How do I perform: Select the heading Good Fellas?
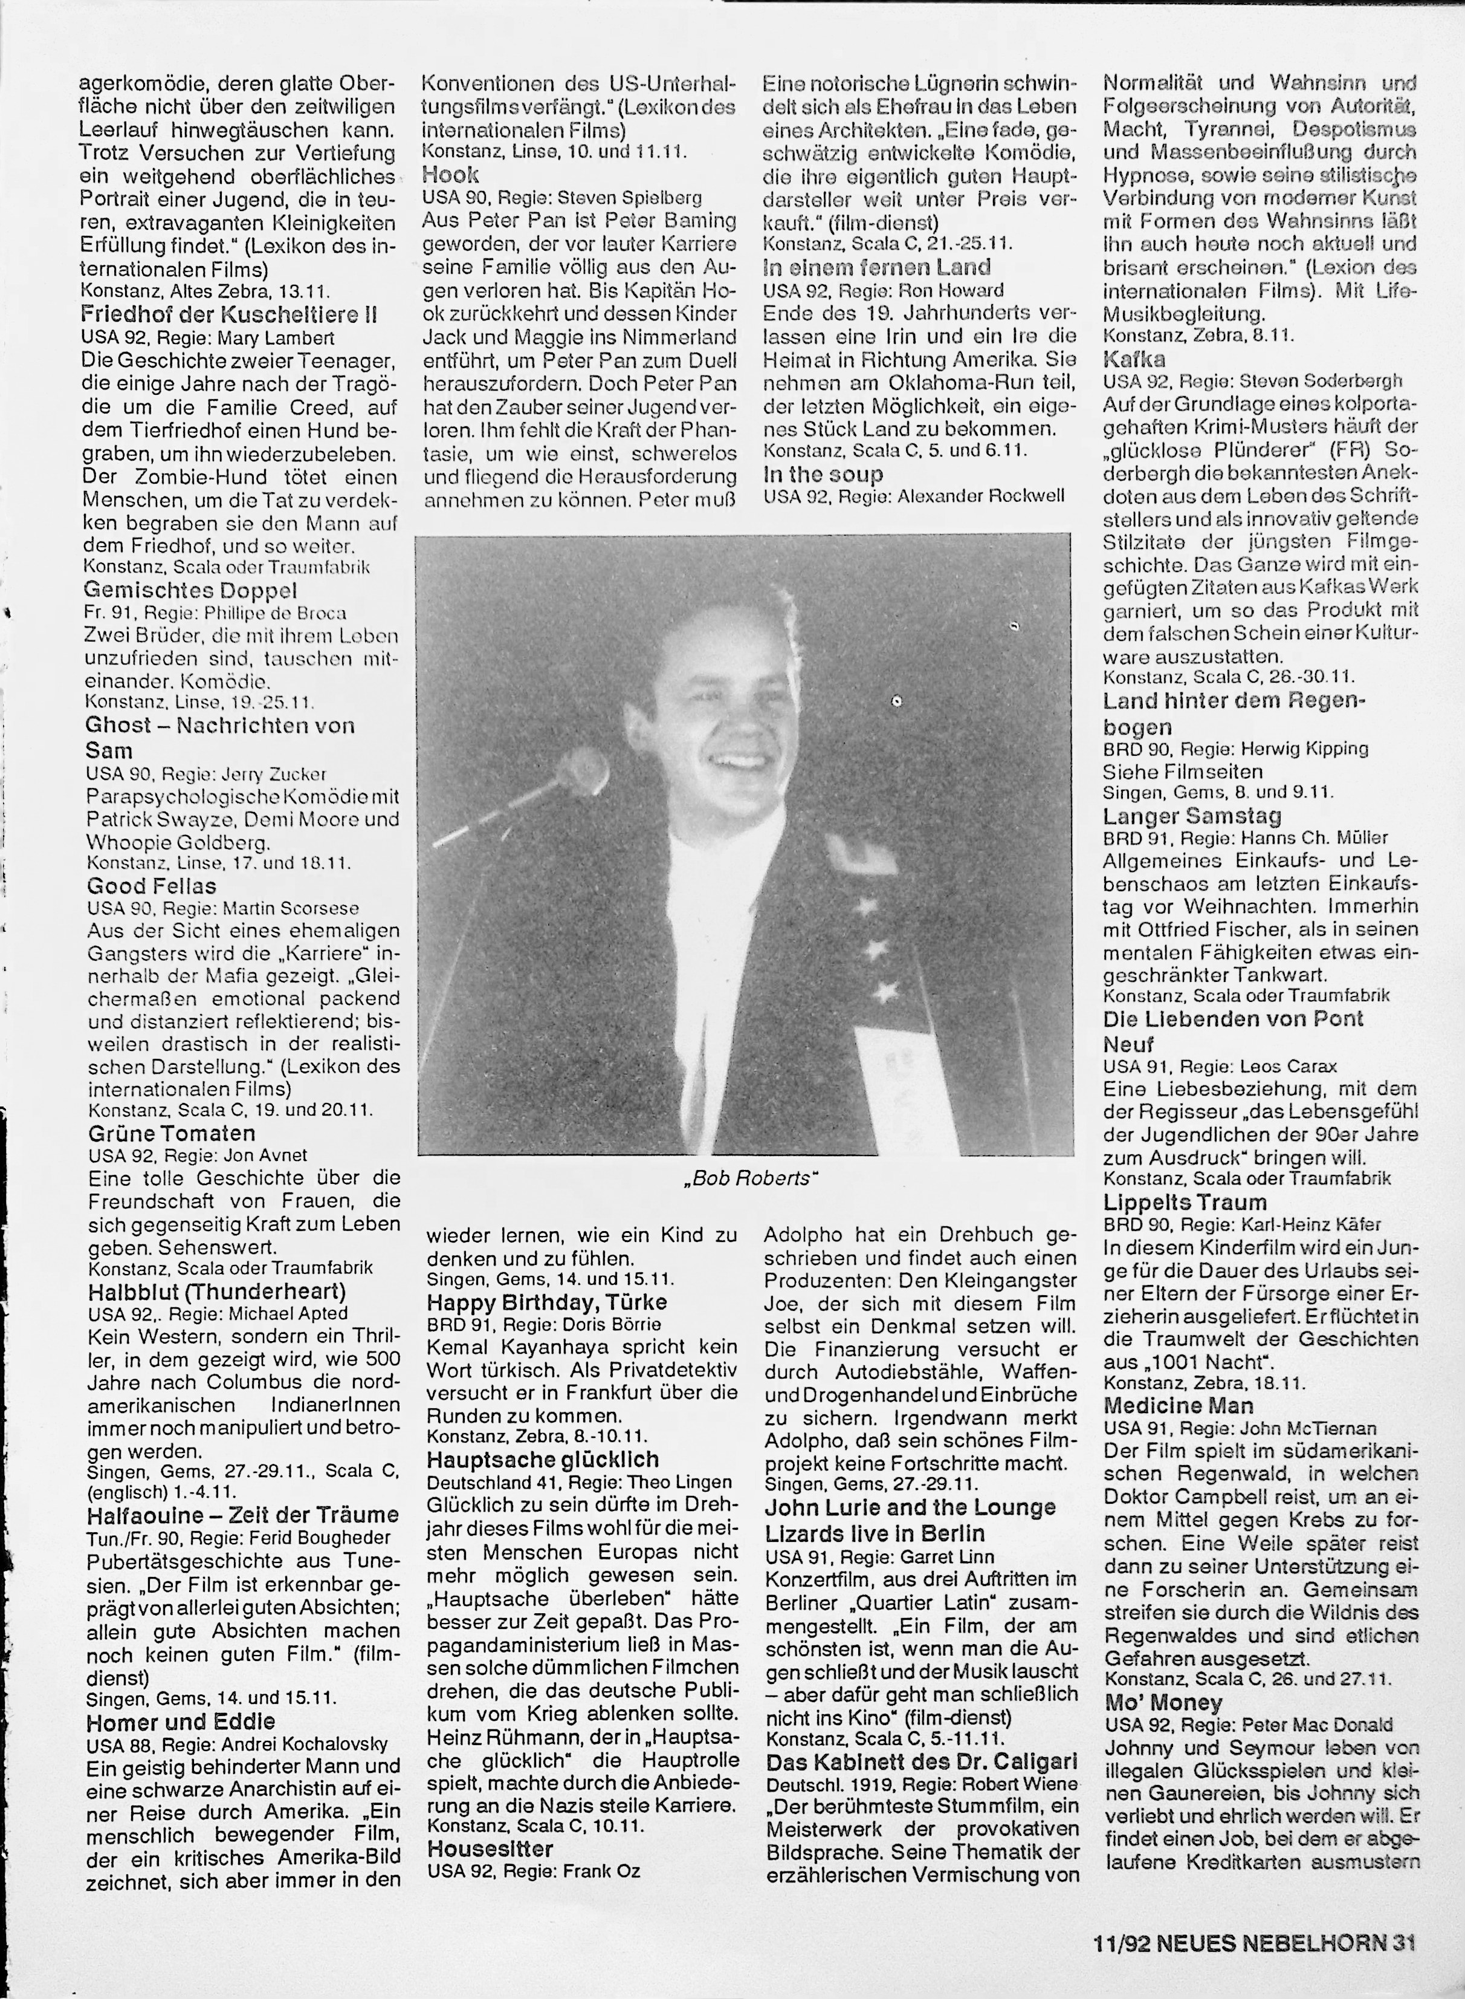tap(152, 885)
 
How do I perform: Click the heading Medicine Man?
tap(1179, 1405)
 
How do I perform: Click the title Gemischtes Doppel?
tap(190, 590)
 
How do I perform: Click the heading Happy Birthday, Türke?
tap(546, 1302)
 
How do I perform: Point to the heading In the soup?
tap(823, 474)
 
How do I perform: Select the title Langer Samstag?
tap(1192, 816)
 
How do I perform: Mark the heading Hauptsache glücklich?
tap(543, 1460)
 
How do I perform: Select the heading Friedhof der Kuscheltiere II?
tap(230, 314)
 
